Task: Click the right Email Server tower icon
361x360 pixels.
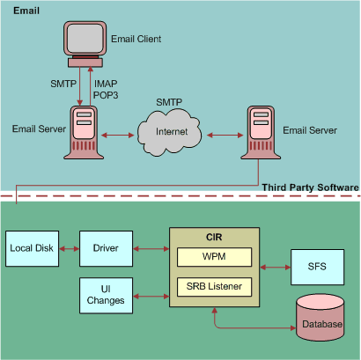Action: pos(257,133)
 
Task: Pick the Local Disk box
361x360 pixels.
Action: pos(32,248)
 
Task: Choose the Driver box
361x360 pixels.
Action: pos(105,248)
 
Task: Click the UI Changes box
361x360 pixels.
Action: pos(105,295)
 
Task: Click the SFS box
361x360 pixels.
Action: pos(315,266)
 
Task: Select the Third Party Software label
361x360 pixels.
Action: pos(310,187)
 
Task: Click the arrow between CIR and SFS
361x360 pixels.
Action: pos(276,266)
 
